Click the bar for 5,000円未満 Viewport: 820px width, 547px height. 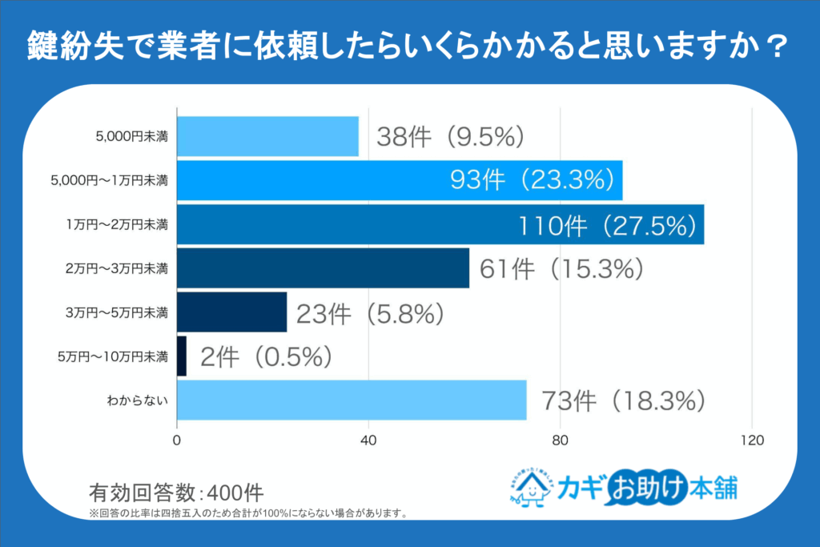click(267, 137)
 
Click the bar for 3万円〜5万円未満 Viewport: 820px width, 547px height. click(231, 312)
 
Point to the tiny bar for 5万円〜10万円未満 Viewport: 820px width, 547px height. click(182, 356)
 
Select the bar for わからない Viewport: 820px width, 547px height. click(352, 400)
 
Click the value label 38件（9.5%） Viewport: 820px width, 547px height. click(450, 138)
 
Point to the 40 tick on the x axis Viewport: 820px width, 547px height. click(368, 440)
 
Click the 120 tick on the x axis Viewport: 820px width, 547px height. click(752, 440)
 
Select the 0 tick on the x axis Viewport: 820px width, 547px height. click(177, 440)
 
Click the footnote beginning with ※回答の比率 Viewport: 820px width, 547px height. click(250, 512)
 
